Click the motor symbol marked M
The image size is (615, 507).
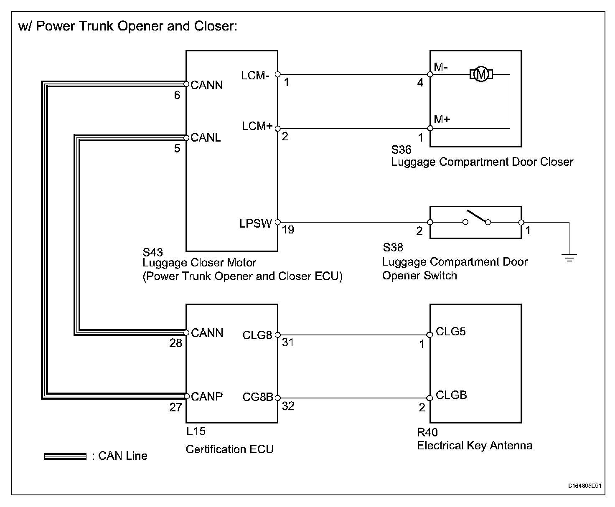point(481,74)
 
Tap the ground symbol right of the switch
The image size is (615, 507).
point(569,257)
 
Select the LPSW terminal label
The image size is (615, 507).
point(256,224)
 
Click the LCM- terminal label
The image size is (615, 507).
point(255,76)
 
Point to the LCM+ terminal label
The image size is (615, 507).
point(257,126)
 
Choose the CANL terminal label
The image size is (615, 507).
point(206,138)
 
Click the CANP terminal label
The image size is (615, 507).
point(206,396)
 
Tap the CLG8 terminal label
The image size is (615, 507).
point(257,335)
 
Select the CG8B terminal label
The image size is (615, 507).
point(257,397)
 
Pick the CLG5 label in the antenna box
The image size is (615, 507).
point(450,332)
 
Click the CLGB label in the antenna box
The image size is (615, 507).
point(451,395)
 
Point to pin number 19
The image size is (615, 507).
point(288,230)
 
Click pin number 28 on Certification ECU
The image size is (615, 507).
point(176,343)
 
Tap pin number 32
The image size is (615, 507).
point(288,406)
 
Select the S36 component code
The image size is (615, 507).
point(401,150)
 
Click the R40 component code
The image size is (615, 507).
point(427,433)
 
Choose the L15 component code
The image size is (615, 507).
point(196,431)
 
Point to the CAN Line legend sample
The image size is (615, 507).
point(65,456)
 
